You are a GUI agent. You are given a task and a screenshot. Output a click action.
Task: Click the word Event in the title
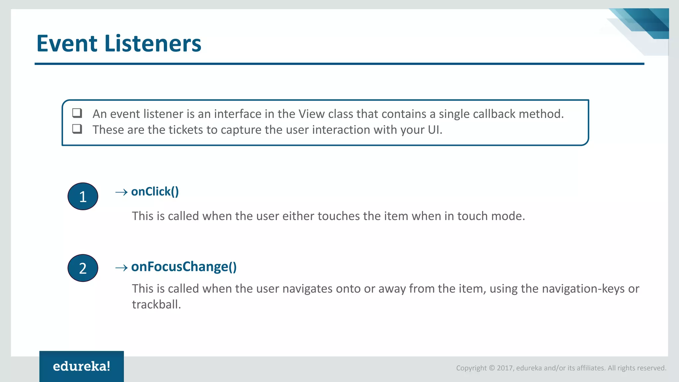tap(67, 43)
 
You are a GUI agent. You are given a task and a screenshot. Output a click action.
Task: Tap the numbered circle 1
tap(83, 196)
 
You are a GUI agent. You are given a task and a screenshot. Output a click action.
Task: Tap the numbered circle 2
tap(83, 268)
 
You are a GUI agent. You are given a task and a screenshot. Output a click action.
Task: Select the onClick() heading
tap(155, 192)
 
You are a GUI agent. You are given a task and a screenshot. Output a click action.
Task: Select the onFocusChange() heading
tap(184, 267)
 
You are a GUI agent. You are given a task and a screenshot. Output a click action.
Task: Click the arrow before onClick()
tap(121, 192)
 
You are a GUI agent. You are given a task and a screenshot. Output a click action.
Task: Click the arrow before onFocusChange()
tap(121, 268)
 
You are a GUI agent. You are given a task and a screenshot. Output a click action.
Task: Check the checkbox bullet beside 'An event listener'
tap(77, 113)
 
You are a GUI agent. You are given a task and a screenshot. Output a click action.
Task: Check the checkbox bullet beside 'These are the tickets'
tap(77, 129)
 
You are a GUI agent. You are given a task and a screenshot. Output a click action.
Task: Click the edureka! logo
tap(82, 366)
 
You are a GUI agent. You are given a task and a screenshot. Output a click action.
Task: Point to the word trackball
tap(156, 304)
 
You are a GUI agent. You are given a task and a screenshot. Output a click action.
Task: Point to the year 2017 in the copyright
tap(505, 368)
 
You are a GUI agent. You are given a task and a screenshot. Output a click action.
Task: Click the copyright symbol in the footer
tap(492, 368)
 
